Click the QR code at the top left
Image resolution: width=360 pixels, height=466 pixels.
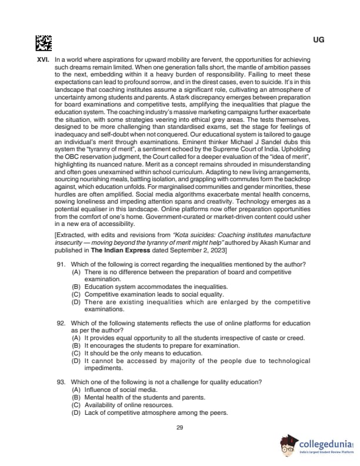tap(44, 42)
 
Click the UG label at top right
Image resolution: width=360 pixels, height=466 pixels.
tap(319, 40)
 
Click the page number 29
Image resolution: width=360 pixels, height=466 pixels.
tap(180, 427)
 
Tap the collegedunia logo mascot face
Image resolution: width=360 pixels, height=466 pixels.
tap(288, 445)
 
